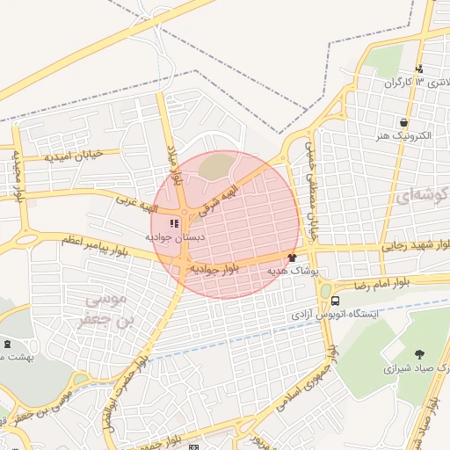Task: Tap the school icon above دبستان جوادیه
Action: (x=173, y=223)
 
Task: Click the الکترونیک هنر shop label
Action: (x=402, y=138)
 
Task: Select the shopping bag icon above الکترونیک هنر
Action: (x=403, y=123)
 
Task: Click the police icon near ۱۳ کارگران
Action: (x=419, y=69)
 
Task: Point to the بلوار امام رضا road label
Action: (x=386, y=285)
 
